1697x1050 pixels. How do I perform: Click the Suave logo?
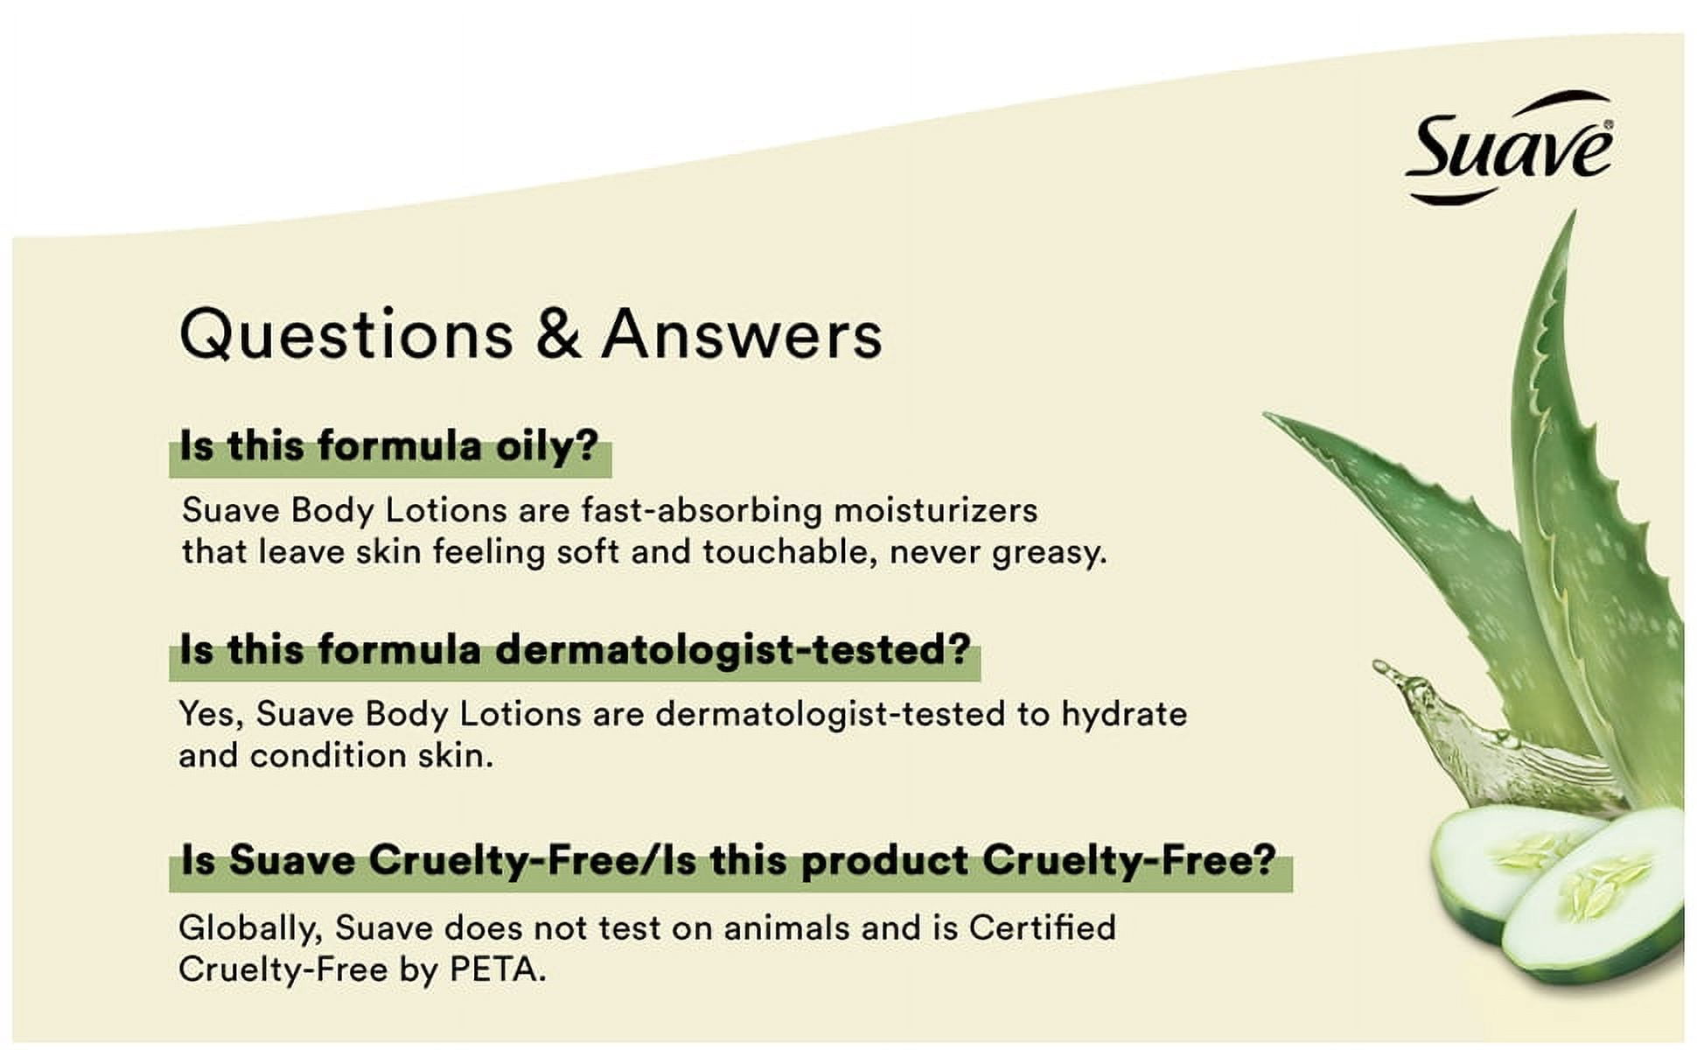[1510, 147]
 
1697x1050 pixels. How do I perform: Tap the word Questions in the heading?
[346, 333]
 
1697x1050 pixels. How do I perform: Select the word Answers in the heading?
[742, 333]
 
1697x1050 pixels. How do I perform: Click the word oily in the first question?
[547, 447]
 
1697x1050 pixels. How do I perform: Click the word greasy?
[1050, 553]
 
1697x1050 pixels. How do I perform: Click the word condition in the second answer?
[328, 756]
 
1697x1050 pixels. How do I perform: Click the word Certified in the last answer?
[1042, 927]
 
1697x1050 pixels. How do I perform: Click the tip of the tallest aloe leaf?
[1573, 212]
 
